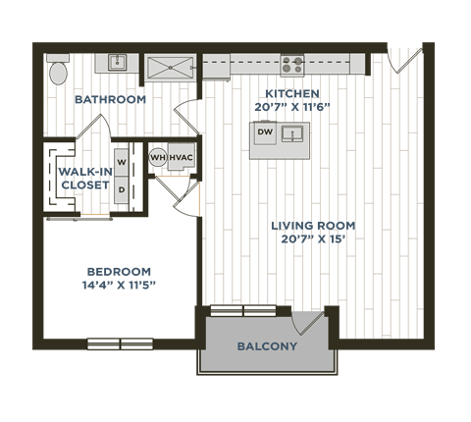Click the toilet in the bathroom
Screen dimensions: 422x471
58,70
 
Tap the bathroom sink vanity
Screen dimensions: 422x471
117,64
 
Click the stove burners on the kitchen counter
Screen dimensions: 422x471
292,65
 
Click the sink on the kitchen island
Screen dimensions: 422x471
290,132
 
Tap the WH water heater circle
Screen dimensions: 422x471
157,157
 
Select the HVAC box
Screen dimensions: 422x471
180,157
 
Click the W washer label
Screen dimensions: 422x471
121,159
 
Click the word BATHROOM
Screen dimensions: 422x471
111,100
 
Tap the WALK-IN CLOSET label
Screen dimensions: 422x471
84,179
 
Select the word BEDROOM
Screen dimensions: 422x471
118,272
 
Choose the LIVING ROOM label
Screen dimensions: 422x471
314,226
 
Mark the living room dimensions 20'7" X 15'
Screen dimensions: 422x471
314,238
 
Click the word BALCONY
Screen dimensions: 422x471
267,346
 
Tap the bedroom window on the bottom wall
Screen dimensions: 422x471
120,343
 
